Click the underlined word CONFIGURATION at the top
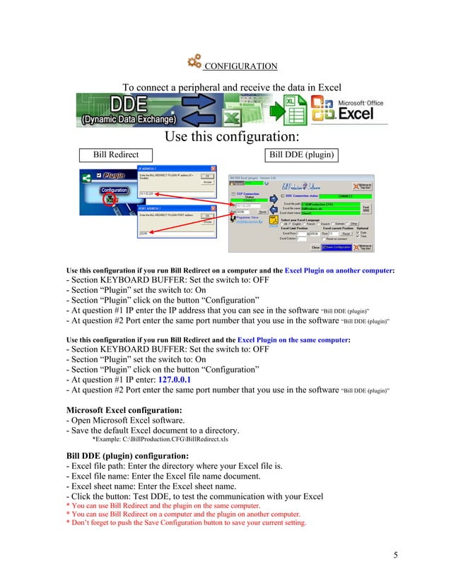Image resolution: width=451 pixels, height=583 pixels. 240,66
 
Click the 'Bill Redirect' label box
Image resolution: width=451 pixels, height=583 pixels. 116,155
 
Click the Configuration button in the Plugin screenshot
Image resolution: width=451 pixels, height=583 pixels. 113,190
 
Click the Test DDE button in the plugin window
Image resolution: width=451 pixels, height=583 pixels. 365,209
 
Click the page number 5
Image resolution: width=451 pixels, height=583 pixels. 396,555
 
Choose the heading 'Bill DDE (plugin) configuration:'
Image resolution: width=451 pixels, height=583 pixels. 127,455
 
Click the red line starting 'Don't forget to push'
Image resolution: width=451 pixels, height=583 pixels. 186,523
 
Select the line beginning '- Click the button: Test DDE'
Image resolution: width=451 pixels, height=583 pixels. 194,496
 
